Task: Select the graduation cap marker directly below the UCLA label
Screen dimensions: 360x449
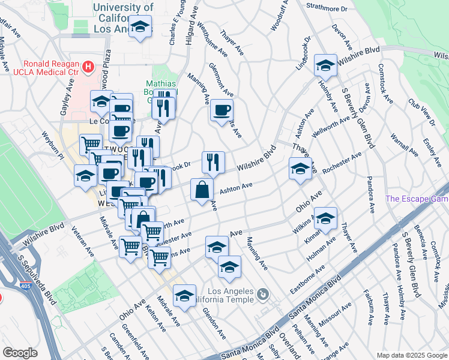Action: (140, 27)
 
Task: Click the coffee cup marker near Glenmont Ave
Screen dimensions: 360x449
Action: (221, 110)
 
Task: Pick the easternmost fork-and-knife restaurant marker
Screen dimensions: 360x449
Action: (213, 161)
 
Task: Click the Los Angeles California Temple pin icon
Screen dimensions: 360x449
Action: (262, 294)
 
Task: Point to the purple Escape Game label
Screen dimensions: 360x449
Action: (417, 199)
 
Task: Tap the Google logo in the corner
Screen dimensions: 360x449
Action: (20, 353)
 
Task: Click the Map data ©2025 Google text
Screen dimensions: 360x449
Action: (411, 355)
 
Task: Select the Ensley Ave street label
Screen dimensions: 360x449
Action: (432, 149)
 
